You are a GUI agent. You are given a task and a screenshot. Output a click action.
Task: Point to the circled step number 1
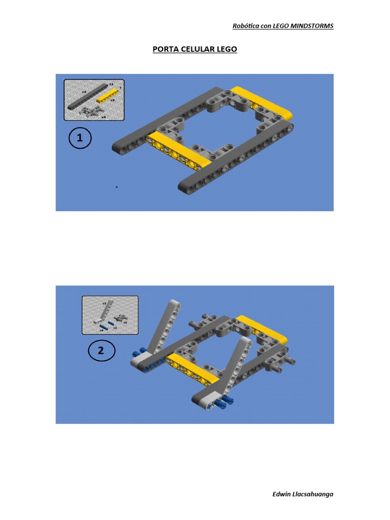pos(79,138)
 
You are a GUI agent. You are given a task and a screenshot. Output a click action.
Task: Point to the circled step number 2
pos(101,351)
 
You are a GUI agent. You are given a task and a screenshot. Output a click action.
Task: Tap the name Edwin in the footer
pos(282,494)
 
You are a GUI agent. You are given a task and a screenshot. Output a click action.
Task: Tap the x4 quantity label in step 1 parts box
pos(104,117)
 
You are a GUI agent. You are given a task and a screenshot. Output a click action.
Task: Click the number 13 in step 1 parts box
pos(111,83)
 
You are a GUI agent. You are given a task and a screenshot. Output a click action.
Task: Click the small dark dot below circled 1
pos(116,187)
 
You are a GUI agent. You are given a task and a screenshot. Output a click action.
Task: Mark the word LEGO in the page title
pos(226,50)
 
